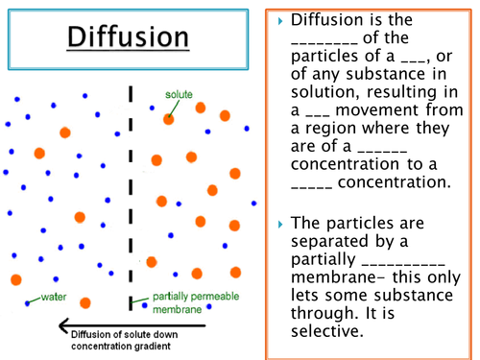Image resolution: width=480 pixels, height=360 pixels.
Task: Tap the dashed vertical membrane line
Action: pyautogui.click(x=131, y=192)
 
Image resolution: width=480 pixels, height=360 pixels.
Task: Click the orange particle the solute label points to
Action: pyautogui.click(x=168, y=120)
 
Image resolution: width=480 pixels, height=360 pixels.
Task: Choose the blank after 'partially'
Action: pyautogui.click(x=404, y=263)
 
